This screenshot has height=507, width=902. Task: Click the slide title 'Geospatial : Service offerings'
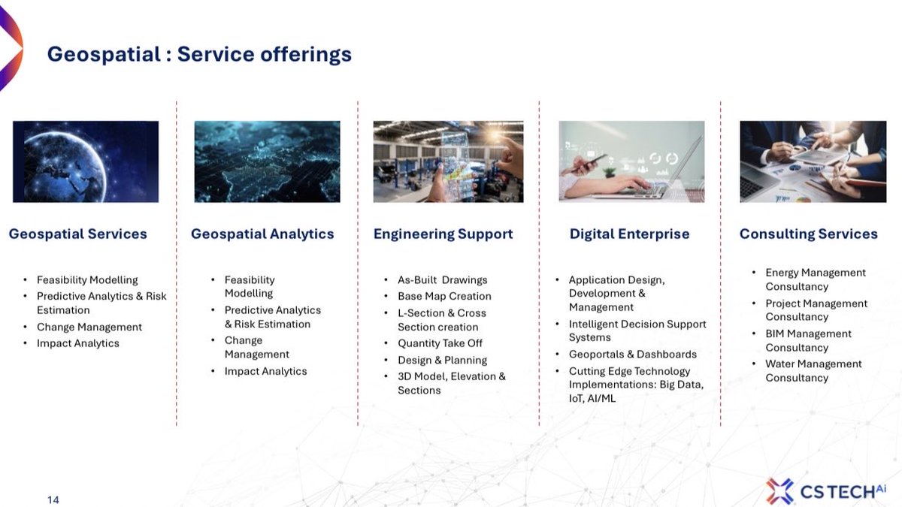199,54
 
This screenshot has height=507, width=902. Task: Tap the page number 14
53,499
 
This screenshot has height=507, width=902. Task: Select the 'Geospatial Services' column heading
78,234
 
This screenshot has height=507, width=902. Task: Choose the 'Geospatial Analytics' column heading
262,234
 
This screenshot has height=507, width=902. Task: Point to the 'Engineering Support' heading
443,234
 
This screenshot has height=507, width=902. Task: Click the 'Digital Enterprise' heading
629,234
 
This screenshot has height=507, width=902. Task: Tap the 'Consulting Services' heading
808,234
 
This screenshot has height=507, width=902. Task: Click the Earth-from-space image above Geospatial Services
86,161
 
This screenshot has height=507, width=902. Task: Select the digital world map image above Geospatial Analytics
267,161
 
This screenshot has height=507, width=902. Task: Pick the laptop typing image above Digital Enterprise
631,161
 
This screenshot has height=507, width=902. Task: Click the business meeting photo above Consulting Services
813,161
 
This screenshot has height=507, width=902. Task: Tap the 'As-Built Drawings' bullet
442,279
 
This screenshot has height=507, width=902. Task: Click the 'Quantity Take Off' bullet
440,343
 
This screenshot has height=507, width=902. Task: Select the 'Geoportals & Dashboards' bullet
632,354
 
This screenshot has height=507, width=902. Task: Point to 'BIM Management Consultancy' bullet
808,340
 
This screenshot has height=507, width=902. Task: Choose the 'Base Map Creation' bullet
444,296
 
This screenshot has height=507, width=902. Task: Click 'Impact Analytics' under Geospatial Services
78,343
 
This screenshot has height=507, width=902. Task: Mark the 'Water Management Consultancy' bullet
813,370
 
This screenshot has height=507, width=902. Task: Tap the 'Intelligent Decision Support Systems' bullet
637,330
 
